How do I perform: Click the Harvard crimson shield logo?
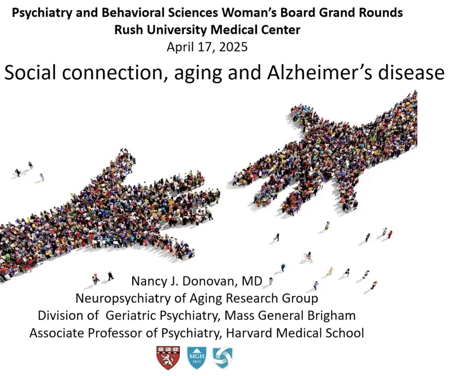[168, 358]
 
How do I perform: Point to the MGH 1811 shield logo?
[197, 358]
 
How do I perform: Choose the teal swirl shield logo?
[222, 358]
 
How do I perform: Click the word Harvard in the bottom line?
[249, 333]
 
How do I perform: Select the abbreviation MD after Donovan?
[252, 281]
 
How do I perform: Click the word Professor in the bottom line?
[115, 333]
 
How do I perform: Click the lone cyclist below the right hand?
[308, 257]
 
